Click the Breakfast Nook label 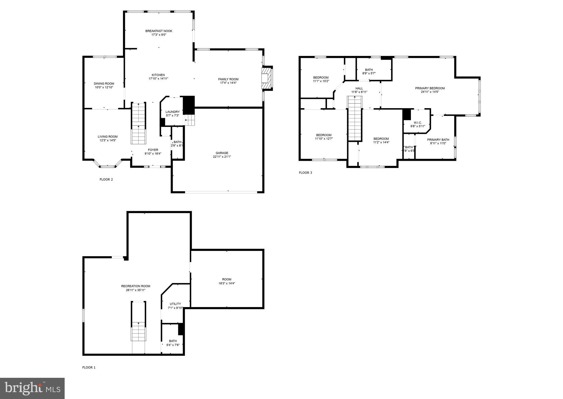[159, 31]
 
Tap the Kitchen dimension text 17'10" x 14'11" [158, 79]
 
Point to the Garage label [222, 153]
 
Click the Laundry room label [172, 112]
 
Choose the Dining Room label [104, 84]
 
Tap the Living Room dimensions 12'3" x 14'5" [108, 140]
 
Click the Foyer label [153, 150]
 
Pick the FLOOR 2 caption [106, 180]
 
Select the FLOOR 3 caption [305, 173]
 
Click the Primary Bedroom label [430, 88]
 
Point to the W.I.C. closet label [418, 123]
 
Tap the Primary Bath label [438, 140]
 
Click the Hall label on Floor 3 [359, 88]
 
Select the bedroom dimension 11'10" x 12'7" [324, 139]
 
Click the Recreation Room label [136, 286]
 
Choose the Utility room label [175, 304]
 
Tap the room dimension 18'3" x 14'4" [227, 283]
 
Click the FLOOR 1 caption [89, 367]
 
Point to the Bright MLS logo [32, 388]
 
